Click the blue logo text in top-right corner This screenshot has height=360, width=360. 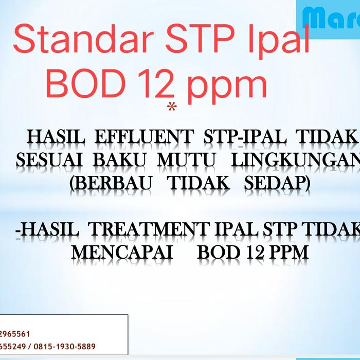[332, 19]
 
